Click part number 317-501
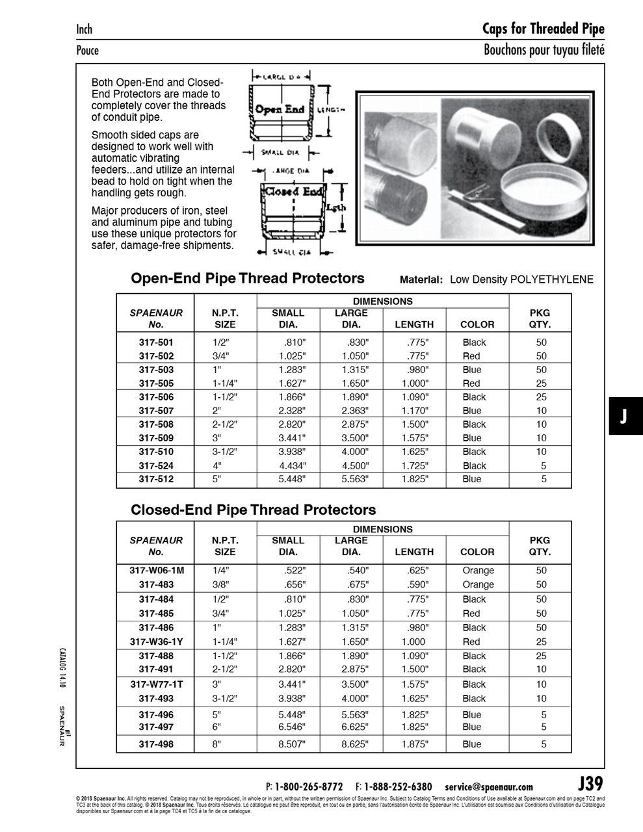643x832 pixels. [156, 342]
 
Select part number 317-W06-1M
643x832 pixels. [156, 570]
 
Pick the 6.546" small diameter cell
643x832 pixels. [292, 727]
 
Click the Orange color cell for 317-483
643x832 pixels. [478, 584]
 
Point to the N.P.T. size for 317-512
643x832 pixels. [217, 479]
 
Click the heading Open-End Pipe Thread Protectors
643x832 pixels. [247, 278]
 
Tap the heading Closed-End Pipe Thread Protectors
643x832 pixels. [253, 510]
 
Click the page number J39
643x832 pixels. [590, 783]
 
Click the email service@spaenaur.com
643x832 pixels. [489, 786]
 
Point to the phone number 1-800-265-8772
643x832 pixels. [308, 786]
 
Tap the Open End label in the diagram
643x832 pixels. [280, 109]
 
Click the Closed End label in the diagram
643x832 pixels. [293, 192]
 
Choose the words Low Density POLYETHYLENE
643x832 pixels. [521, 279]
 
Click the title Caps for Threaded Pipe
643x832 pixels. [543, 29]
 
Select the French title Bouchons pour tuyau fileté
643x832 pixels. [544, 50]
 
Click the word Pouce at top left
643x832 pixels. [87, 50]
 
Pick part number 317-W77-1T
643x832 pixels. [156, 684]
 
